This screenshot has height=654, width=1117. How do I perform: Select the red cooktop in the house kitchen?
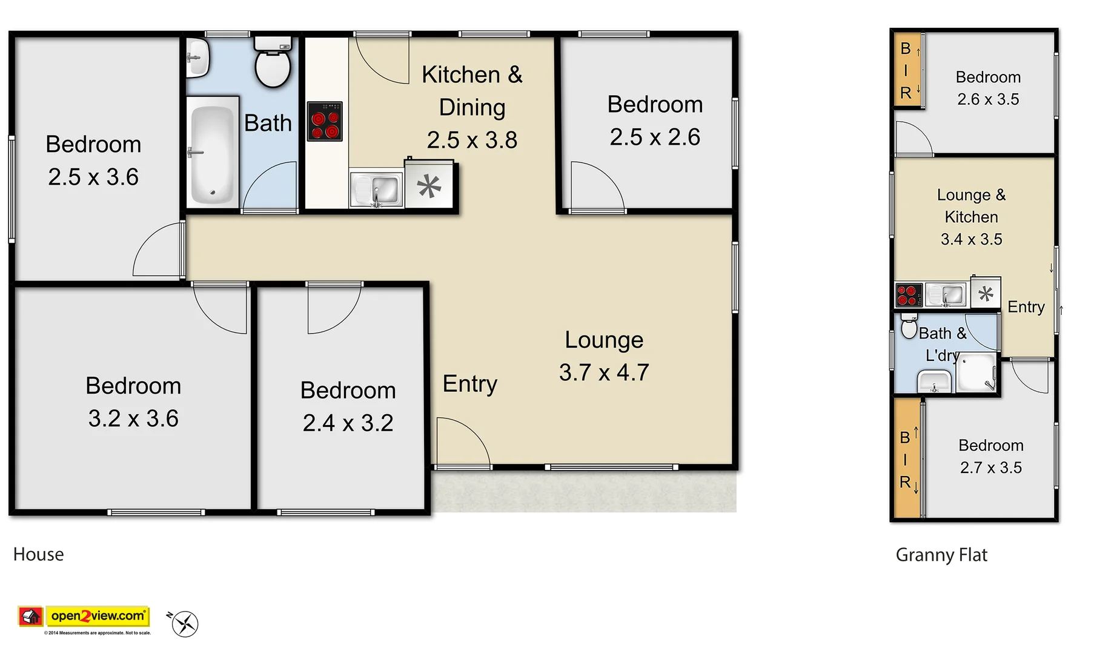(325, 121)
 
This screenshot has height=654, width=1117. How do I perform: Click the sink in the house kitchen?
(377, 190)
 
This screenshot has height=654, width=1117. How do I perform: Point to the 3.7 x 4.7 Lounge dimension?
(604, 372)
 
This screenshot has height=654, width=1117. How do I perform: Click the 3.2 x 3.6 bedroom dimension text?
(133, 418)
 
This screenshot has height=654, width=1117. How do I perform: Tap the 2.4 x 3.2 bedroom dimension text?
(348, 423)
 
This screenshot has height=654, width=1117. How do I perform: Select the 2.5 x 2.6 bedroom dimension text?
(655, 137)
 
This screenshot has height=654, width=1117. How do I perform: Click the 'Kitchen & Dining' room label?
(472, 91)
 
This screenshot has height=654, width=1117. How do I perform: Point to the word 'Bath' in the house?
(268, 123)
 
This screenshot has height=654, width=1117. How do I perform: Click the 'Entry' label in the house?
(470, 383)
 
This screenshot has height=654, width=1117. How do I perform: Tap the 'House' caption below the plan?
(38, 554)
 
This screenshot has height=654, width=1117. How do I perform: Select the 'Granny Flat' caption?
(941, 555)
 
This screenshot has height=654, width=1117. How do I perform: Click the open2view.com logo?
(97, 616)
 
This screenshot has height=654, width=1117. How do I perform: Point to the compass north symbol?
(184, 624)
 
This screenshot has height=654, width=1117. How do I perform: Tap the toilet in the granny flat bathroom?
(909, 327)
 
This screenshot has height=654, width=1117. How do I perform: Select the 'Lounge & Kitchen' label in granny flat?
(971, 206)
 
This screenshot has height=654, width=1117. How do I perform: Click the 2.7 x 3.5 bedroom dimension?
(990, 467)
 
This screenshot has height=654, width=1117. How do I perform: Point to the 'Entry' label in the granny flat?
(1026, 307)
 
